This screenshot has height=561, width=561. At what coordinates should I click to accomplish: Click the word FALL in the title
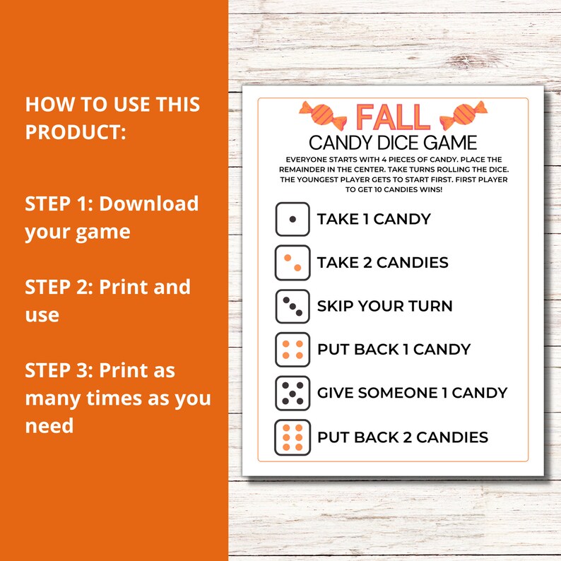click(392, 117)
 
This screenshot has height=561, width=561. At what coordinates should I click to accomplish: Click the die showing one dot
click(293, 219)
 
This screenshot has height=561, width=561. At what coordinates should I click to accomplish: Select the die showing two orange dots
click(293, 263)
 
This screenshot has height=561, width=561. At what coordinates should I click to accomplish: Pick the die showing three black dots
click(293, 306)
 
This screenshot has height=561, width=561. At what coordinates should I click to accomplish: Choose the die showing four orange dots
click(293, 350)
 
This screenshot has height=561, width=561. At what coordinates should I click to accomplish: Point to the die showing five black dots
click(293, 393)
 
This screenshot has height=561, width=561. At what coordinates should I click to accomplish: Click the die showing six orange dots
click(293, 437)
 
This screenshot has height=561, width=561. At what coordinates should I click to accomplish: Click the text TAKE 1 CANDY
click(373, 219)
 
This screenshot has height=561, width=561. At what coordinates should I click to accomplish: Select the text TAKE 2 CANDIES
click(382, 263)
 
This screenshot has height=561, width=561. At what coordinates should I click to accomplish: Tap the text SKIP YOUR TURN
click(384, 306)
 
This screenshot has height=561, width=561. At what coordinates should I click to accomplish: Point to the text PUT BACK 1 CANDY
click(394, 350)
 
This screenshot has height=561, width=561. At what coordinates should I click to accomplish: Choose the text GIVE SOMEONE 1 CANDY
click(412, 393)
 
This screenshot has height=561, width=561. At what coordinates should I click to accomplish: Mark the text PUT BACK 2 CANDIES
click(402, 437)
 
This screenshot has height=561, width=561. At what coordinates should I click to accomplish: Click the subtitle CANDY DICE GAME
click(392, 143)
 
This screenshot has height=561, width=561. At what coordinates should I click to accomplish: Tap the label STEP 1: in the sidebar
click(59, 204)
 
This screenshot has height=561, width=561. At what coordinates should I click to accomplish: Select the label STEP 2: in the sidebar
click(59, 288)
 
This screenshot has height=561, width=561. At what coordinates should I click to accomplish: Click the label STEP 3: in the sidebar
click(59, 371)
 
